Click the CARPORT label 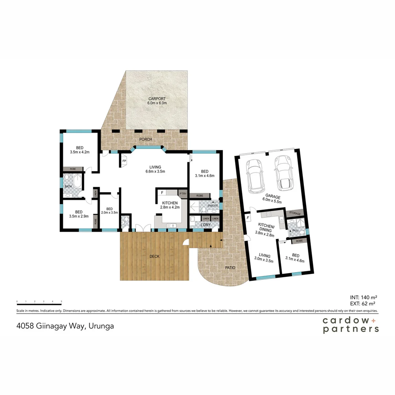[x=157, y=99]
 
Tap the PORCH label [x=146, y=139]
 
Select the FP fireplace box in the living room [x=124, y=161]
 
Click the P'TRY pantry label [x=182, y=193]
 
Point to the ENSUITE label [x=212, y=206]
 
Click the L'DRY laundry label [x=206, y=225]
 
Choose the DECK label [x=154, y=256]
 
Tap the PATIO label [x=230, y=268]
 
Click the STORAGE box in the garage [x=294, y=213]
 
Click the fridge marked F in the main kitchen [x=162, y=192]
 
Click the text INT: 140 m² [x=364, y=297]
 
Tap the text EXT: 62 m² [x=364, y=303]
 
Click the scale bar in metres [x=39, y=304]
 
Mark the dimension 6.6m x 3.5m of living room [x=155, y=171]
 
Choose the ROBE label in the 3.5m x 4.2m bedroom [x=73, y=169]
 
